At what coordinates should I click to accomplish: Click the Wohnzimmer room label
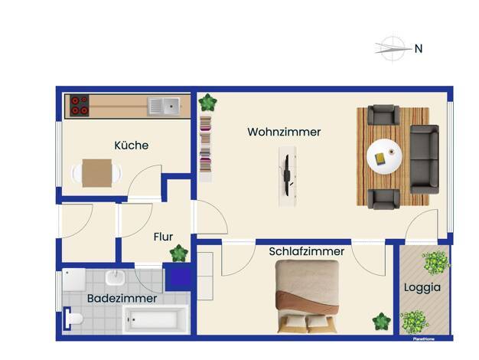point(284,133)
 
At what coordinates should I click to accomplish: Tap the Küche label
point(132,146)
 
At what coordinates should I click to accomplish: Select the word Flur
point(163,237)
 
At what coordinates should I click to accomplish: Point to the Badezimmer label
point(122,298)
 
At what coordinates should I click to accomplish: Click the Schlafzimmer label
point(306,251)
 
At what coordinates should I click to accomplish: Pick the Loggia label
point(422,287)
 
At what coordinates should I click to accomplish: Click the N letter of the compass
point(419,48)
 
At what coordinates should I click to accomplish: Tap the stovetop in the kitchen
point(80,106)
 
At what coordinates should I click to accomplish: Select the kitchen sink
point(164,106)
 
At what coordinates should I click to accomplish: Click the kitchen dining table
point(97,173)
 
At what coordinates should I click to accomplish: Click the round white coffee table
point(384,156)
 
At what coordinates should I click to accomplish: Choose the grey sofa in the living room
point(425,159)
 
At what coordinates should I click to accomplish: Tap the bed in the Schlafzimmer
point(308,296)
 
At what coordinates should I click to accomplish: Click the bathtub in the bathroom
point(155,319)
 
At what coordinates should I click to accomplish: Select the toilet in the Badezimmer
point(73,319)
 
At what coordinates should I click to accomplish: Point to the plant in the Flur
point(179,254)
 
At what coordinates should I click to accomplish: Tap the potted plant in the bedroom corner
point(382,322)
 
